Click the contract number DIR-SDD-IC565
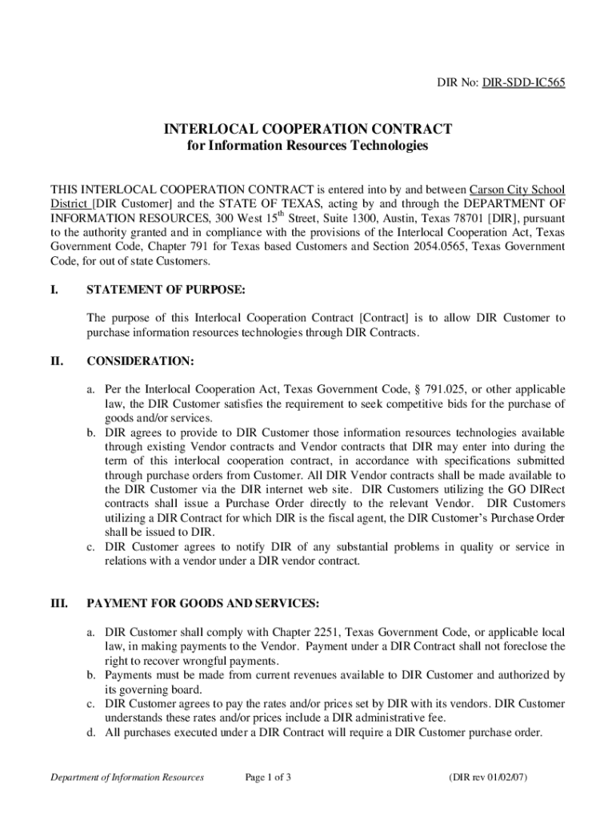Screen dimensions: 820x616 click(x=523, y=82)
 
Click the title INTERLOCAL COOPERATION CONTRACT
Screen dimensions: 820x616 click(x=308, y=129)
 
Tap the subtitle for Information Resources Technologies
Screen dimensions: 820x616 click(x=308, y=146)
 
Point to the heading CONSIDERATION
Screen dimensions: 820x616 click(x=140, y=362)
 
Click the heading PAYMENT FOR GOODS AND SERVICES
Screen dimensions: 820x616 click(x=203, y=602)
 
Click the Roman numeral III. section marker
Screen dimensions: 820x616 click(x=60, y=602)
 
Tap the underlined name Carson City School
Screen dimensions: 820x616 click(x=517, y=190)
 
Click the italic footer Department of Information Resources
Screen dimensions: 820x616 click(x=126, y=777)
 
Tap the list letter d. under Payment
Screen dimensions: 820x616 click(x=92, y=733)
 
